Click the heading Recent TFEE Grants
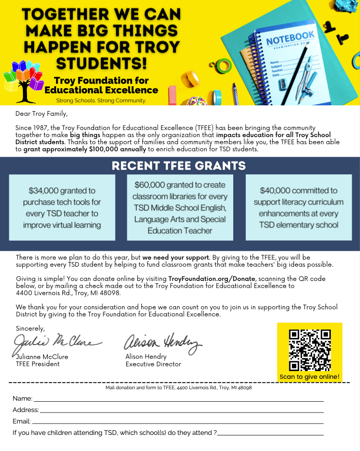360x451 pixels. (x=179, y=166)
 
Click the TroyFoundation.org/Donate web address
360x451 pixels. (x=212, y=279)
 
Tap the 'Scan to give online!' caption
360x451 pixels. (x=310, y=377)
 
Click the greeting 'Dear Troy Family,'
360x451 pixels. (x=42, y=114)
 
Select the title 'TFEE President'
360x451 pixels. (x=38, y=364)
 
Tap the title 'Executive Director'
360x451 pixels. (x=153, y=364)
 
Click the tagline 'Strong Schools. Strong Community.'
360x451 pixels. (x=101, y=100)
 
